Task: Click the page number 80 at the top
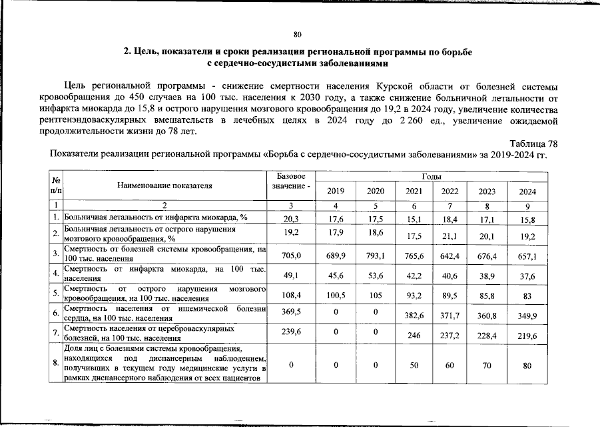pos(298,35)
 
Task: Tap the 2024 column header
pos(527,191)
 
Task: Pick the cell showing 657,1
pos(527,256)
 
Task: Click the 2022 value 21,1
pos(451,236)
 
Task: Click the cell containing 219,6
pos(527,336)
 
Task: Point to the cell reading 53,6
pos(375,275)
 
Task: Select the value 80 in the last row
pos(527,364)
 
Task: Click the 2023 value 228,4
pos(489,336)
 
